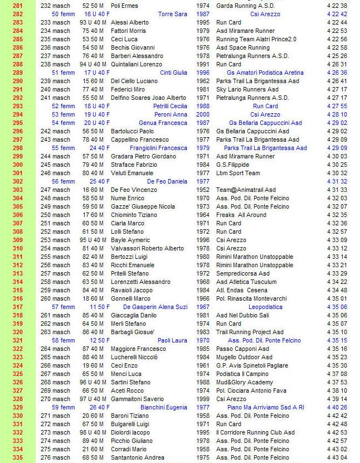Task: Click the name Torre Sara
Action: tap(173, 14)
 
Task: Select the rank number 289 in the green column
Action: tap(17, 73)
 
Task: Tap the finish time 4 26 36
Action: tap(337, 73)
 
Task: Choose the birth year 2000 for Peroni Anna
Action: tap(203, 114)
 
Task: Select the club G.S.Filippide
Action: tap(233, 165)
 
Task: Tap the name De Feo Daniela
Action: tap(167, 181)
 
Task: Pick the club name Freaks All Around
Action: tap(241, 215)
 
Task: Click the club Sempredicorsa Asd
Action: tap(242, 273)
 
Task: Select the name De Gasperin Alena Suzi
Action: tap(155, 307)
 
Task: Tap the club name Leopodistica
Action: tap(265, 307)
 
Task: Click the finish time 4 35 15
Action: tap(337, 340)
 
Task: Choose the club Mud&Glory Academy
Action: tap(245, 382)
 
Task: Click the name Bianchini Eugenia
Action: tap(164, 407)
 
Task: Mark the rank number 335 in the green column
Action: tap(17, 457)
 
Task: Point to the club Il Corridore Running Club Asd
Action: tap(255, 432)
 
